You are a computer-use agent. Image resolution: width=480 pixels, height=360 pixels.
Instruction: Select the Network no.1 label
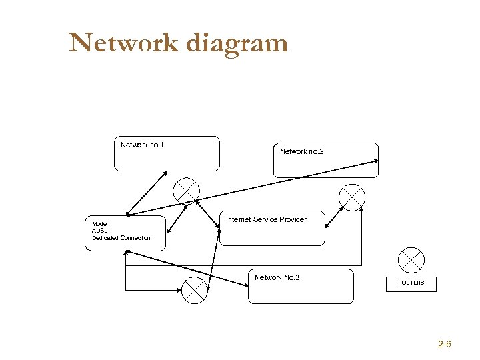tap(142, 145)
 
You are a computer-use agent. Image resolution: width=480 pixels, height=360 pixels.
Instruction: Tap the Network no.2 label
tap(301, 151)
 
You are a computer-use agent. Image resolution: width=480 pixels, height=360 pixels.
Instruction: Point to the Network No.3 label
tap(277, 277)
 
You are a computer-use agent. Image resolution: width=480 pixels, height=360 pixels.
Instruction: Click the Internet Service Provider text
tap(266, 219)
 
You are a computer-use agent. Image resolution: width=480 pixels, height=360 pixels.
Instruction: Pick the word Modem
tap(102, 224)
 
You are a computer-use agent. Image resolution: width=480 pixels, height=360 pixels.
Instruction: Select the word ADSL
tap(99, 231)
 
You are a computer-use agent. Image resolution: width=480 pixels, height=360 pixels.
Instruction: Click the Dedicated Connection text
tap(121, 238)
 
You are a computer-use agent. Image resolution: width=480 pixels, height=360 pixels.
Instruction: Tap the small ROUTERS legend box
tap(411, 283)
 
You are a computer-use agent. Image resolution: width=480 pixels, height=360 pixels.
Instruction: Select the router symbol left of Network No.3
tap(195, 290)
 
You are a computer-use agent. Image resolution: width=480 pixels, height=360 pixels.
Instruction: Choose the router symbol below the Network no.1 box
tap(186, 191)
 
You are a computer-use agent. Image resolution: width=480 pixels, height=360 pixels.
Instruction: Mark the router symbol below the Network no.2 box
tap(351, 197)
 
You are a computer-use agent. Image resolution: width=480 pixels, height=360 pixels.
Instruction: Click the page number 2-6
tap(444, 345)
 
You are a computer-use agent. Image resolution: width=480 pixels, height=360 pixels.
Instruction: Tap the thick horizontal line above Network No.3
tap(243, 265)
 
